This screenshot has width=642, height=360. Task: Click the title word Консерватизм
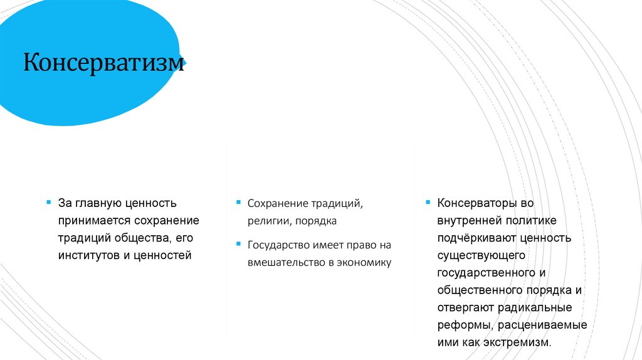click(104, 63)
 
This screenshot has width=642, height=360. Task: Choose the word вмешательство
click(285, 262)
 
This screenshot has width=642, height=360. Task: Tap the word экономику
click(363, 262)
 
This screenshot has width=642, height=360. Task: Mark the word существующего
click(477, 256)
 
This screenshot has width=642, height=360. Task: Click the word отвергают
click(466, 308)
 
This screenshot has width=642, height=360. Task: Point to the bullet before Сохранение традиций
click(238, 203)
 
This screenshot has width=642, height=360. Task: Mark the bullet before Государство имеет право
click(238, 244)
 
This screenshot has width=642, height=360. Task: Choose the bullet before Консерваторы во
click(428, 203)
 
